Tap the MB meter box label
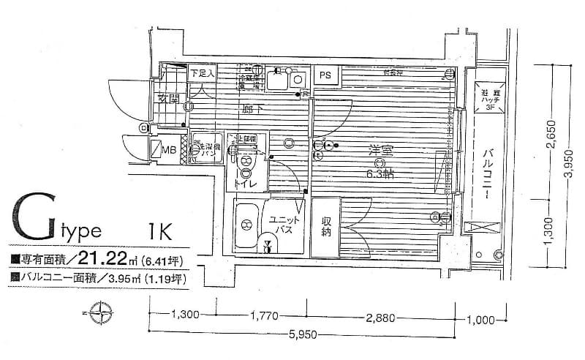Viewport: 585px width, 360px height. (x=168, y=151)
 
